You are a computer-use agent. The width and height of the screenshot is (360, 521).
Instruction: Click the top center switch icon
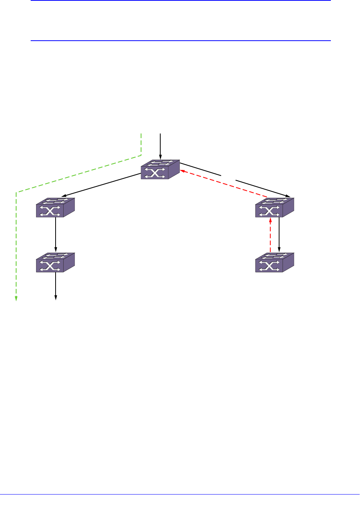coord(160,170)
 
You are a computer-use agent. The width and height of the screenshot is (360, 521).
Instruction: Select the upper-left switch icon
coord(55,208)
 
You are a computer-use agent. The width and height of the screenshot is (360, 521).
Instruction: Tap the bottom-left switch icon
coord(55,262)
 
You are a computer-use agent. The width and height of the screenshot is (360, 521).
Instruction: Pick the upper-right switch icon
coord(275,208)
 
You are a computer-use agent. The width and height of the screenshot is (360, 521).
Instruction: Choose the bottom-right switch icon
coord(275,262)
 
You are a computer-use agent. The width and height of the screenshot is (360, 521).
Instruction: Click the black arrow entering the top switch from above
coord(160,146)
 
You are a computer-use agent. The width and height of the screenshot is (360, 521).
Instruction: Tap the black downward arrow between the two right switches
coord(279,234)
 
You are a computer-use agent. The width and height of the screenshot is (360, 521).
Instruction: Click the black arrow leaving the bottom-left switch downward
coord(56,286)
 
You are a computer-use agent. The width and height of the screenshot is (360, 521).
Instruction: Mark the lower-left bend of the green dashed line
coord(16,191)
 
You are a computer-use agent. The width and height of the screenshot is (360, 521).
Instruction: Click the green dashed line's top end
coord(141,134)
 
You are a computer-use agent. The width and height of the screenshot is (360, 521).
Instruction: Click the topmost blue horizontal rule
coord(180,0)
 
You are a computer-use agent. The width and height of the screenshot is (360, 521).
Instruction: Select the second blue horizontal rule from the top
coord(180,40)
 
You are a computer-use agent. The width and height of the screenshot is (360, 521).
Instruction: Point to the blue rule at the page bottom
coord(180,495)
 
